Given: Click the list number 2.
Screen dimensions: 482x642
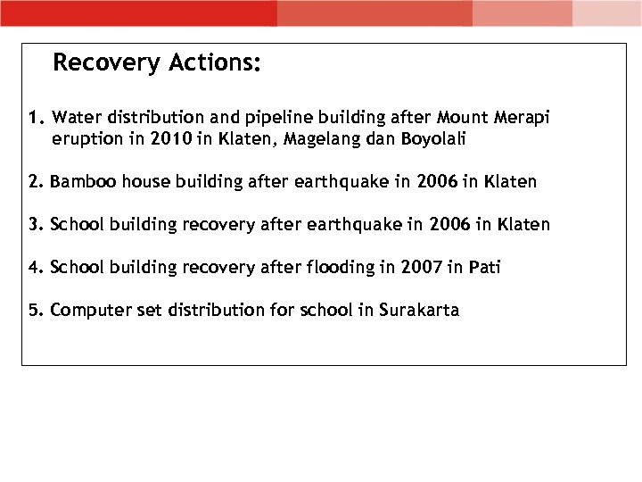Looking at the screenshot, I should click(33, 182).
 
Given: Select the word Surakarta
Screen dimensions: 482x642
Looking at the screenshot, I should click(419, 311).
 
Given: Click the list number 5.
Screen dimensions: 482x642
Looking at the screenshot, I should click(33, 311).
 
